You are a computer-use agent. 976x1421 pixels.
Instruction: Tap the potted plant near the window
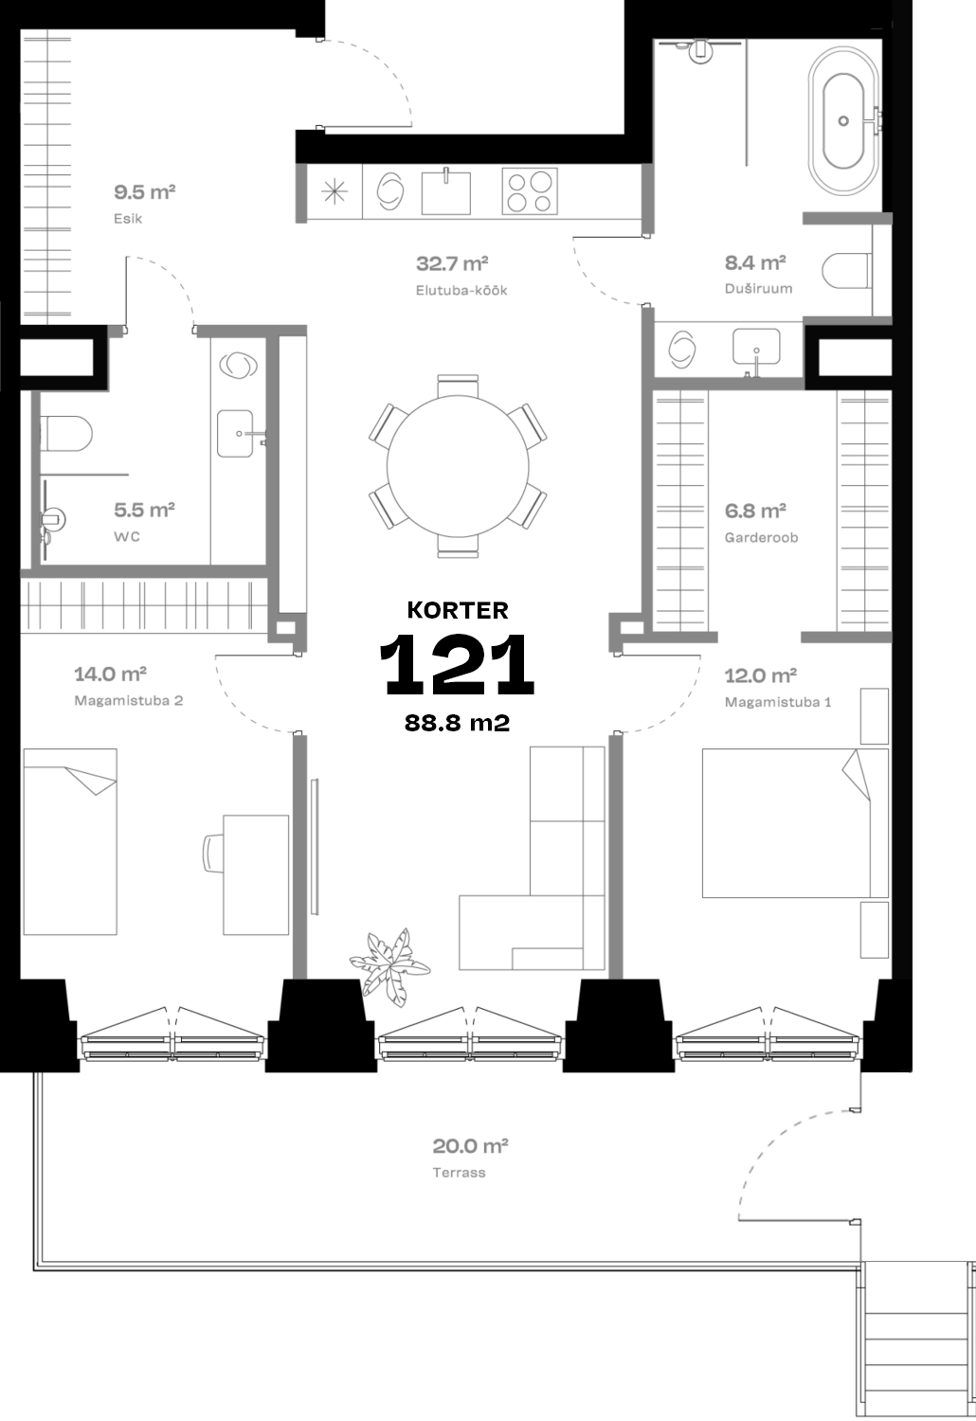389,966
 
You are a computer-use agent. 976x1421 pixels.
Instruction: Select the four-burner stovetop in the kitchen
530,191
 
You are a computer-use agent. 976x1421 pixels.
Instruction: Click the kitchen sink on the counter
446,191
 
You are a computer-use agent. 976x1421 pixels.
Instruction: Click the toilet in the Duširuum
847,271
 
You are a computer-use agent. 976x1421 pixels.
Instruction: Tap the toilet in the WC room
66,434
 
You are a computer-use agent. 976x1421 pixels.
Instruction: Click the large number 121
457,664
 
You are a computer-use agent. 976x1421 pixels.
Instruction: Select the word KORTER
458,610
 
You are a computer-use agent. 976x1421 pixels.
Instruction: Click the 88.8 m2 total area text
458,723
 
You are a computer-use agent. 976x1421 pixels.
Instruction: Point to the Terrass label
459,1173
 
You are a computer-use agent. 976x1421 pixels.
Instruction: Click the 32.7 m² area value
452,263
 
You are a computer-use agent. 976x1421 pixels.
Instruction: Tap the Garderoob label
761,537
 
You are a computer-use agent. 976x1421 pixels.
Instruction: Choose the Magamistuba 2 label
128,700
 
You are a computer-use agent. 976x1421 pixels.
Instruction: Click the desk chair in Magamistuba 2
213,854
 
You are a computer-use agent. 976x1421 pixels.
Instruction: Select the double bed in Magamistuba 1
795,823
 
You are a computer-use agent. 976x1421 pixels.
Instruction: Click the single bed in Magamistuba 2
70,841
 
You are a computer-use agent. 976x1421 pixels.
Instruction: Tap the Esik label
128,218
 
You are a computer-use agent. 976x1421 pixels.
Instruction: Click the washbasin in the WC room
236,434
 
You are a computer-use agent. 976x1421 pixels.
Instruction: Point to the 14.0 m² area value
111,674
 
